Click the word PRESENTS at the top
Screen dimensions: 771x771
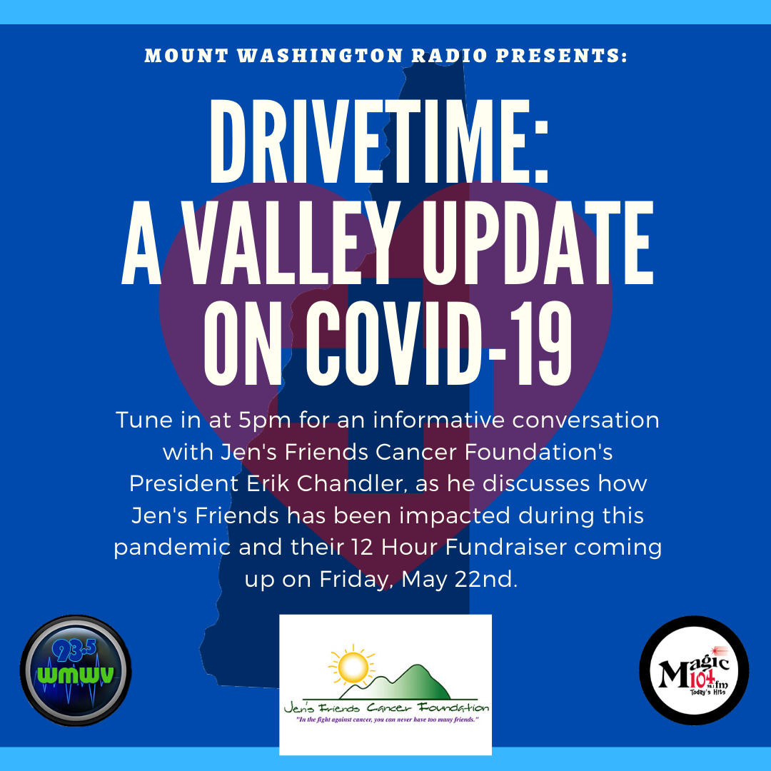coord(562,56)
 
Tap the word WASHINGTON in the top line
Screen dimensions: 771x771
coord(320,56)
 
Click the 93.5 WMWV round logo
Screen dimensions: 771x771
coord(76,670)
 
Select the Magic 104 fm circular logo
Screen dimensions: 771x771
coord(694,670)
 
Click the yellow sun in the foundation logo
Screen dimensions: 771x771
coord(352,667)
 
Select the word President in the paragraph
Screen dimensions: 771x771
coord(184,483)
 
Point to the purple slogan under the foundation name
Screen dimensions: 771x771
coord(387,720)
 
